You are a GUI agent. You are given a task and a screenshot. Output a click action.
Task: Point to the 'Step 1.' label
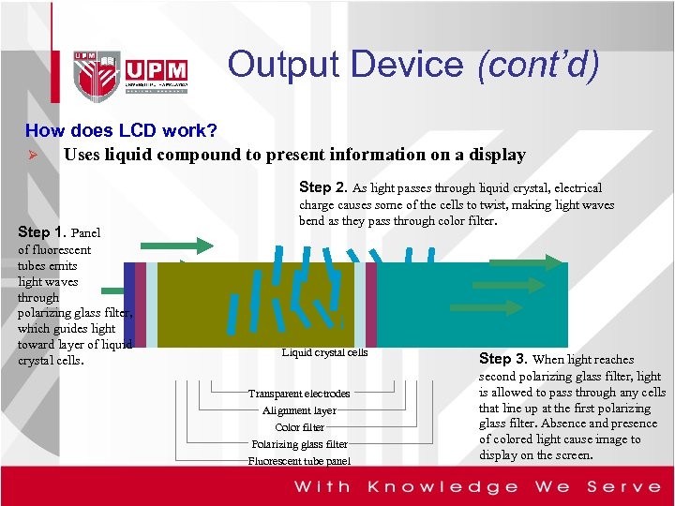(42, 231)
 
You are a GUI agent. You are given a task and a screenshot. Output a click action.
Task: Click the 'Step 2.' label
(323, 187)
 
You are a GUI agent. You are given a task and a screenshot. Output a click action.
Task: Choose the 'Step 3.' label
(503, 359)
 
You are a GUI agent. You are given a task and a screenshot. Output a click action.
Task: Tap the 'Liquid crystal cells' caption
(325, 352)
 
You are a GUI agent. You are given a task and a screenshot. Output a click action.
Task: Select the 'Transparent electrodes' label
(299, 394)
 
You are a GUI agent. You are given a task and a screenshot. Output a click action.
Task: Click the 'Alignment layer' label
(299, 410)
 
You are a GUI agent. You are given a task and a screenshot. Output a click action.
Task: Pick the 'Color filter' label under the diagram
(299, 427)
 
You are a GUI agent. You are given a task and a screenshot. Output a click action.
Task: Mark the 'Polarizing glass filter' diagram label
(299, 444)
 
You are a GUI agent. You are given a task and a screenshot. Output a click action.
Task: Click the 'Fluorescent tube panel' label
(299, 461)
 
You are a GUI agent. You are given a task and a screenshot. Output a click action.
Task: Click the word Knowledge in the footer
(442, 486)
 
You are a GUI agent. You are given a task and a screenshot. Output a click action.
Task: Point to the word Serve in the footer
(623, 486)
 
